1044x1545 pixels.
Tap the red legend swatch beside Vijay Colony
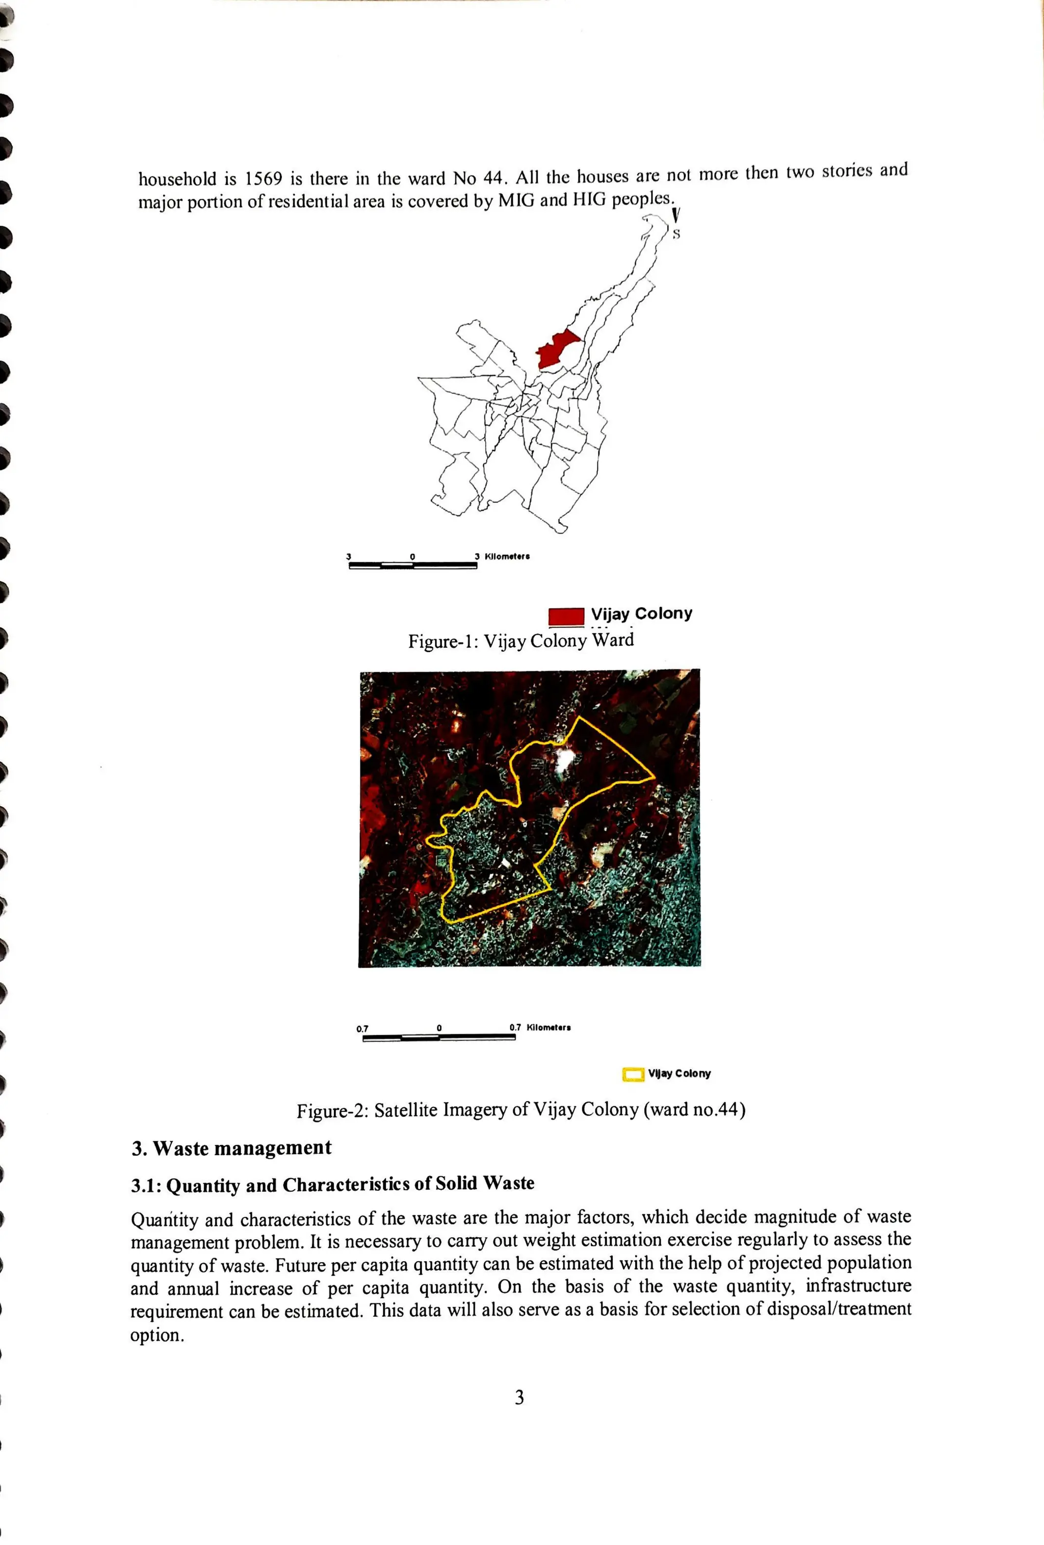point(566,616)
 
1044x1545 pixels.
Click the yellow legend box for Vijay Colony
point(633,1074)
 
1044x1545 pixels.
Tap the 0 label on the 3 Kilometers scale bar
point(412,556)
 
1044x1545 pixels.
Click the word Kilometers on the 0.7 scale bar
point(549,1027)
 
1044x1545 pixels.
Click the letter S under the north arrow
point(676,234)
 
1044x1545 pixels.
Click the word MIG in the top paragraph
point(516,201)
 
